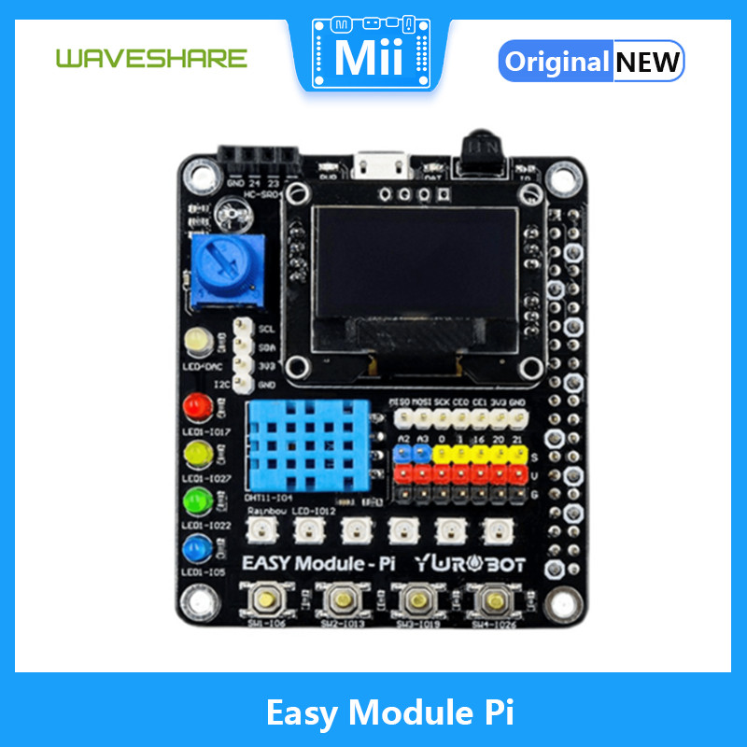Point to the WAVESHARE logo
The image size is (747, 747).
point(151,58)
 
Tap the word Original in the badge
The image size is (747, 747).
point(557,62)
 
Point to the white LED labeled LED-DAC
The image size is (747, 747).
point(198,344)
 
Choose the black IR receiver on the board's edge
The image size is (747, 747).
point(482,148)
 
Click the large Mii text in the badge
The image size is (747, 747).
point(369,58)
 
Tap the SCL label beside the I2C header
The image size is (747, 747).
point(266,330)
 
